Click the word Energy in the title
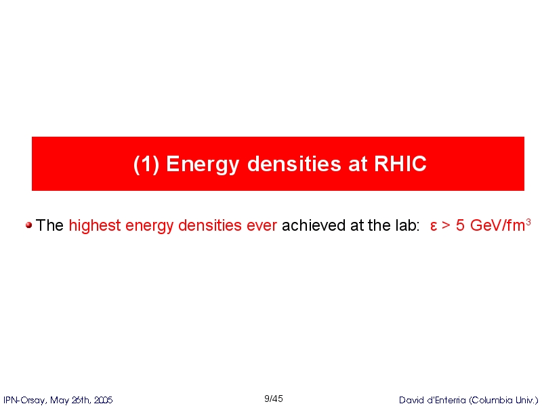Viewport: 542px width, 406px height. [x=203, y=164]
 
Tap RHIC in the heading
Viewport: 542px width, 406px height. [x=400, y=163]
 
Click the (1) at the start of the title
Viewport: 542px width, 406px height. [x=146, y=164]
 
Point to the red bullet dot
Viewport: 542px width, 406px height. [x=28, y=225]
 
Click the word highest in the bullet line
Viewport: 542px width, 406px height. [x=95, y=226]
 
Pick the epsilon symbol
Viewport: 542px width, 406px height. [x=434, y=227]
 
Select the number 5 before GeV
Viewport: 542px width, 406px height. [x=460, y=225]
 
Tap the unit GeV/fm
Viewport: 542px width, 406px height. [x=497, y=225]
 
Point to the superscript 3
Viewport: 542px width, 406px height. [x=528, y=222]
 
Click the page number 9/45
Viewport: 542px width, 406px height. [x=274, y=399]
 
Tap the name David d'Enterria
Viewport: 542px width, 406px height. [x=432, y=400]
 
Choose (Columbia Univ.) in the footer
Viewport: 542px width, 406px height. [x=503, y=401]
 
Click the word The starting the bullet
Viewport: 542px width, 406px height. [x=49, y=225]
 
